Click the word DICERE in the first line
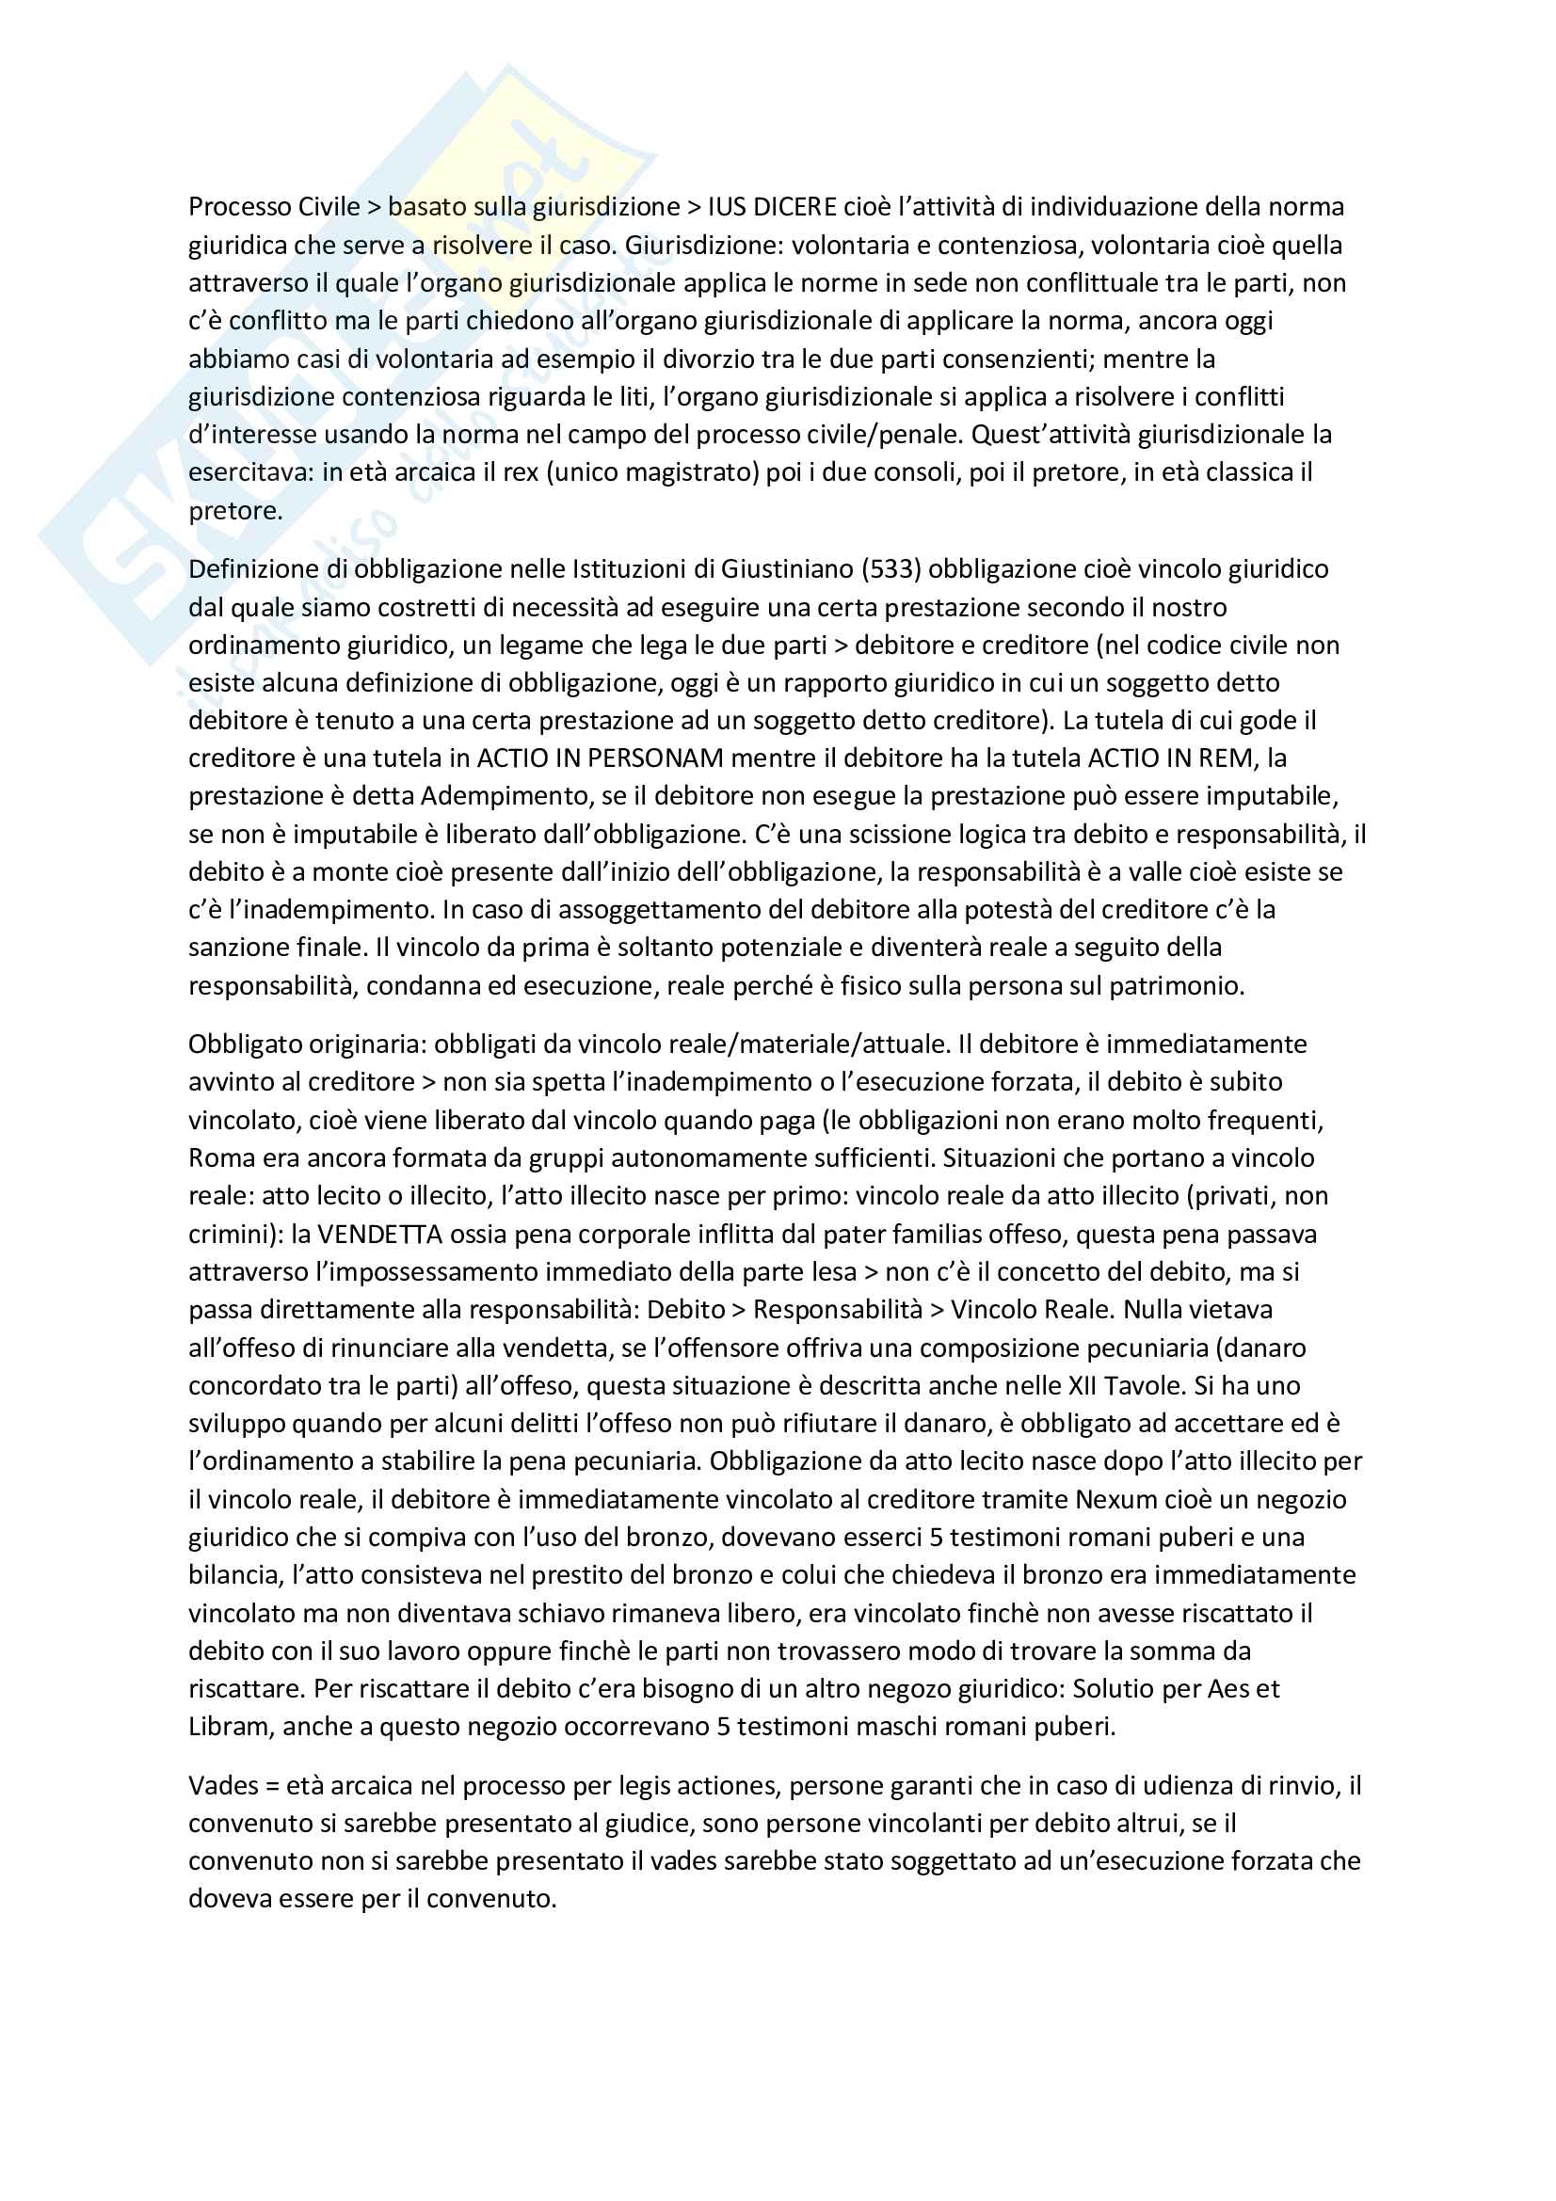789,207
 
